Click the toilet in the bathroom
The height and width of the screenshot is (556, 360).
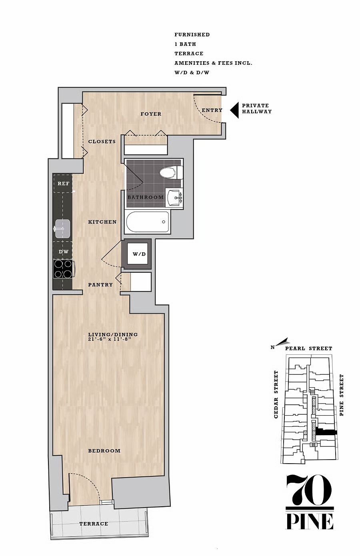pos(171,172)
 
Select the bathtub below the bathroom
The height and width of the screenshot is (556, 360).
pos(148,222)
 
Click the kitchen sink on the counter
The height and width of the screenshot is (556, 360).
pos(62,229)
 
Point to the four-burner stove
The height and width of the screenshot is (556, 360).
pos(64,269)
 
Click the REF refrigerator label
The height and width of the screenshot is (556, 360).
pos(64,184)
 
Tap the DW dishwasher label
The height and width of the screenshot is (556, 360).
pos(64,252)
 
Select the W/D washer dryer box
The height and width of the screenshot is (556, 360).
pos(138,254)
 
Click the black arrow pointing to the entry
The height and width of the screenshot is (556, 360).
pos(234,110)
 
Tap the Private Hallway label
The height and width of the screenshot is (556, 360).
pos(257,108)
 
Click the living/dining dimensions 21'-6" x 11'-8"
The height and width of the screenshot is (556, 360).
pos(110,339)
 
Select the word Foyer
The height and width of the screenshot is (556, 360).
pos(151,114)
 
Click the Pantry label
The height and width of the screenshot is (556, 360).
pos(100,285)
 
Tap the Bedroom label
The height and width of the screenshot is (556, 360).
pos(104,451)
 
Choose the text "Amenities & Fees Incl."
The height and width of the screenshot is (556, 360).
pos(213,63)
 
